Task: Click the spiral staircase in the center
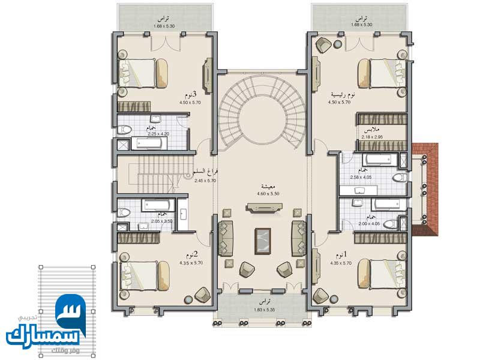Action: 263,114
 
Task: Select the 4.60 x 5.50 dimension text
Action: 264,194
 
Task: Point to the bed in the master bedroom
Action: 381,73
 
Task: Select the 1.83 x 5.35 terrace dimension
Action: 263,310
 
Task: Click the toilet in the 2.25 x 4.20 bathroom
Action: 125,129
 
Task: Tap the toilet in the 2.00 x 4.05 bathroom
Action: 391,224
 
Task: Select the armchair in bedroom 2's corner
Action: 202,294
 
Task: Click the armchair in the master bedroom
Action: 324,45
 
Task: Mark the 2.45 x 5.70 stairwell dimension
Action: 206,180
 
